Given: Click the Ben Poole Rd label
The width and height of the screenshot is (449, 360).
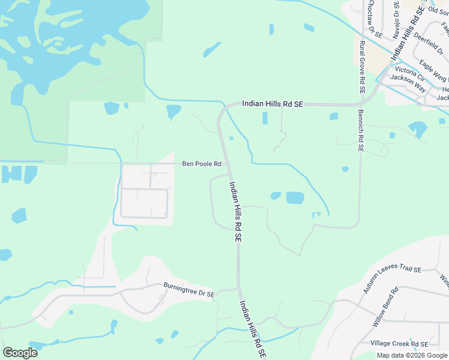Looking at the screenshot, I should pos(202,163).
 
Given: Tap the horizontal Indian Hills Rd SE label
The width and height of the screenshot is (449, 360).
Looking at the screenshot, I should pos(273,104).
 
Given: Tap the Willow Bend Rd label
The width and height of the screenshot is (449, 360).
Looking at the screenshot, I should pos(385,307).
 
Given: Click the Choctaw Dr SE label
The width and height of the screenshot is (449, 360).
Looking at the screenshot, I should pos(370,16).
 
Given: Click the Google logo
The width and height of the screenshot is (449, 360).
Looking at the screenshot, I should pos(20,352).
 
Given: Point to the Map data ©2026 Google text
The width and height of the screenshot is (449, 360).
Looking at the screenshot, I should pos(412,355).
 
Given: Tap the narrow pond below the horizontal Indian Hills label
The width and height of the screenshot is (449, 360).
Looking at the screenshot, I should pos(265,118).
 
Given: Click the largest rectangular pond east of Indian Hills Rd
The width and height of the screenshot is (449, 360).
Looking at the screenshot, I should pos(295,197).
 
